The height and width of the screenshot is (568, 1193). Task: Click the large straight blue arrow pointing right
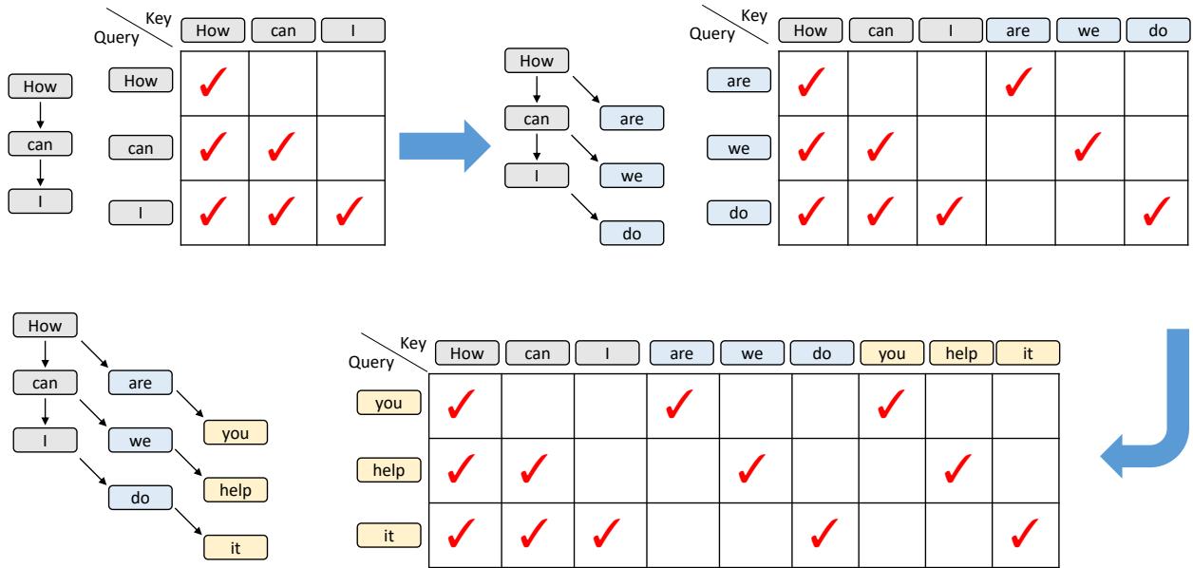(445, 146)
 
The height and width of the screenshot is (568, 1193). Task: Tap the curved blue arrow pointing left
(1172, 426)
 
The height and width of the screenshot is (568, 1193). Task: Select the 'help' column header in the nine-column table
(961, 352)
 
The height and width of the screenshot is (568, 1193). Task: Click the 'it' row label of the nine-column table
(388, 536)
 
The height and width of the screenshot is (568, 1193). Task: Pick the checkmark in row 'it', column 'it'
(1024, 533)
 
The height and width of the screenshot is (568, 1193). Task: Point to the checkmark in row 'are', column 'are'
(1018, 82)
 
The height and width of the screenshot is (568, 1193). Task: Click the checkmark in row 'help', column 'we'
(751, 468)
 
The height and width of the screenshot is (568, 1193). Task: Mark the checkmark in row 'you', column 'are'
(679, 404)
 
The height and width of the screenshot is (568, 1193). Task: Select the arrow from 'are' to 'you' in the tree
(190, 404)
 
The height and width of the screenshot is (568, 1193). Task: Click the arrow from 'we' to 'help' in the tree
(188, 463)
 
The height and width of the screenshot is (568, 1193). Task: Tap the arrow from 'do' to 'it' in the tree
(188, 521)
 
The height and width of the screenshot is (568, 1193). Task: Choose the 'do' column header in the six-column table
(1158, 30)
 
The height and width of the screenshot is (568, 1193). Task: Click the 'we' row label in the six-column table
(739, 147)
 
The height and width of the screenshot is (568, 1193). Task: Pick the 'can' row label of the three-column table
(141, 147)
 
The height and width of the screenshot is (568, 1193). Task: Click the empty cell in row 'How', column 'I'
(351, 84)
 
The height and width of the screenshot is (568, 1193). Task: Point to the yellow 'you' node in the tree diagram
(236, 433)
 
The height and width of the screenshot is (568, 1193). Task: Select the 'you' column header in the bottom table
(892, 352)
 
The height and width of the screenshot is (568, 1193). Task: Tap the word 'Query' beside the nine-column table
(371, 362)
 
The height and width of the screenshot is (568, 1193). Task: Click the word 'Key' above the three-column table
(159, 19)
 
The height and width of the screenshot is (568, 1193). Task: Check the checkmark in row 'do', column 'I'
(949, 211)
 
